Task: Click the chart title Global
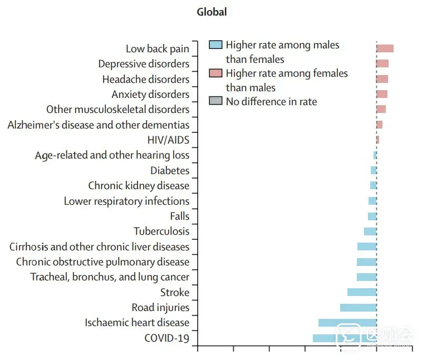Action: point(212,12)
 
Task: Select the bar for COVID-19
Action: point(344,338)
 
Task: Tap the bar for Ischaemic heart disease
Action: point(347,323)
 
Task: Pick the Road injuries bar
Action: point(358,308)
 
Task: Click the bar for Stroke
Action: point(362,292)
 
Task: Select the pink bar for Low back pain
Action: point(385,48)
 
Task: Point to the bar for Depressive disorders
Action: point(382,63)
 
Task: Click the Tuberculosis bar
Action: point(370,231)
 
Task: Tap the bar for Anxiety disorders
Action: point(382,94)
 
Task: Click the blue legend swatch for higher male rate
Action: point(215,45)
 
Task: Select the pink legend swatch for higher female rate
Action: point(215,73)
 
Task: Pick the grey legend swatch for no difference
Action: point(215,101)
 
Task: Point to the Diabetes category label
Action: point(170,171)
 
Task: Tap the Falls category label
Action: point(180,216)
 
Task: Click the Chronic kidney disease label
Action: point(139,186)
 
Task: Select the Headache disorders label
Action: point(146,80)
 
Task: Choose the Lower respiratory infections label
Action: point(126,201)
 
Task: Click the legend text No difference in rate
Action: point(271,102)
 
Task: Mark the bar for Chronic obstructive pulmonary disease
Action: point(366,262)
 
